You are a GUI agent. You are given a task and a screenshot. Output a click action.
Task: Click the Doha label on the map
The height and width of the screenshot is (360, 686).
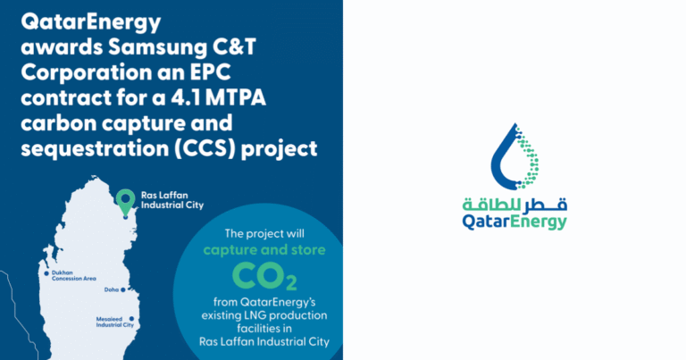point(112,289)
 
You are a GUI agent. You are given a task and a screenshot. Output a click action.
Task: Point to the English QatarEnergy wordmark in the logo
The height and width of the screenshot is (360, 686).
point(514,222)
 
